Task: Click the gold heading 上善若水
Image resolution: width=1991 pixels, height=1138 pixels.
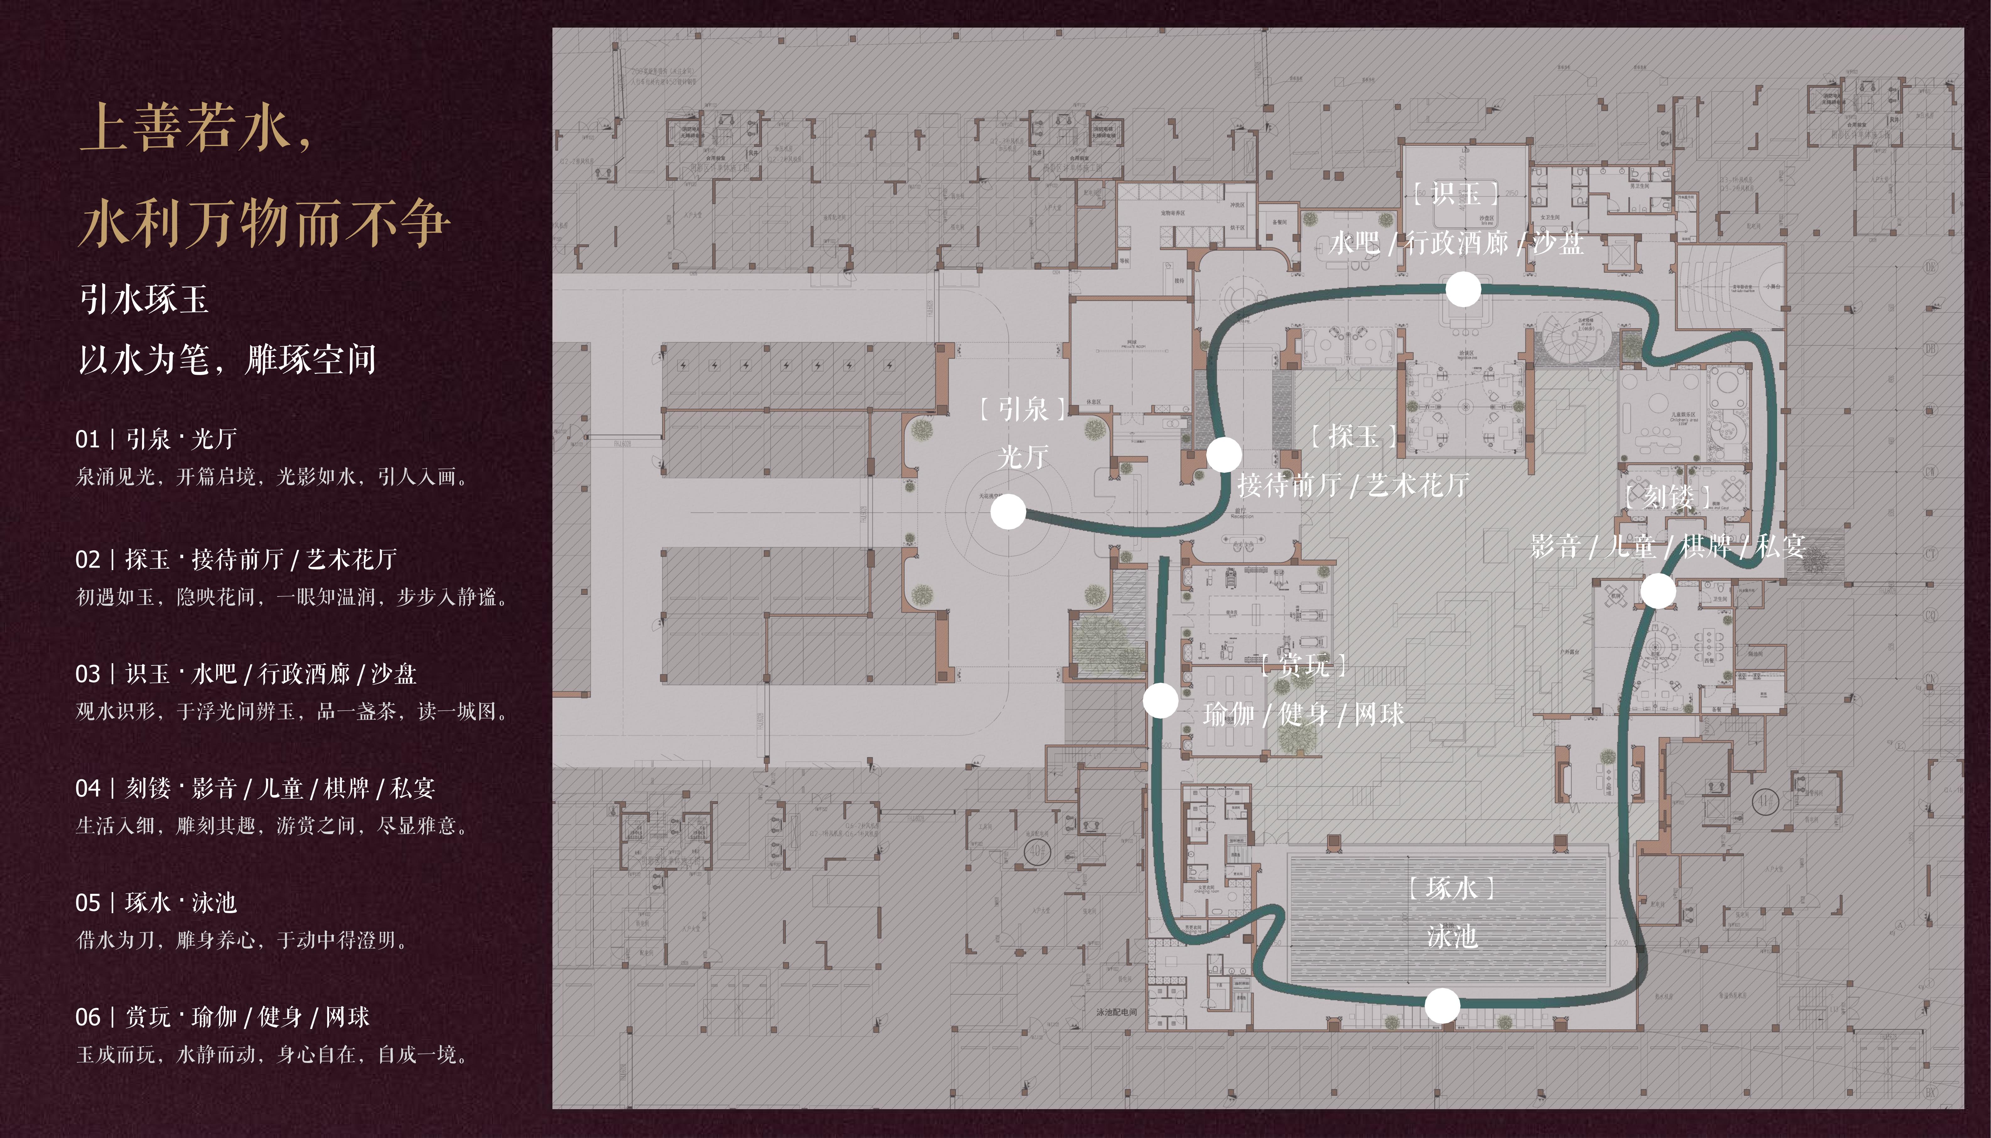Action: tap(195, 127)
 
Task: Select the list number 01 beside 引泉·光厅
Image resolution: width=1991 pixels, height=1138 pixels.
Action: tap(88, 439)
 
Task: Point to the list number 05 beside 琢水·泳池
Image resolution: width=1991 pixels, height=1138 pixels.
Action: tap(88, 903)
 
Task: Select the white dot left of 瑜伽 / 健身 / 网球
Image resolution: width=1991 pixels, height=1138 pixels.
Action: tap(1160, 700)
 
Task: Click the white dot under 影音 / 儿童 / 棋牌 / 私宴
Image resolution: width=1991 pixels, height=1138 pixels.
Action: tap(1657, 591)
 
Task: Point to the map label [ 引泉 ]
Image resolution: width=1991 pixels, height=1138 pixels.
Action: tap(1022, 409)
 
